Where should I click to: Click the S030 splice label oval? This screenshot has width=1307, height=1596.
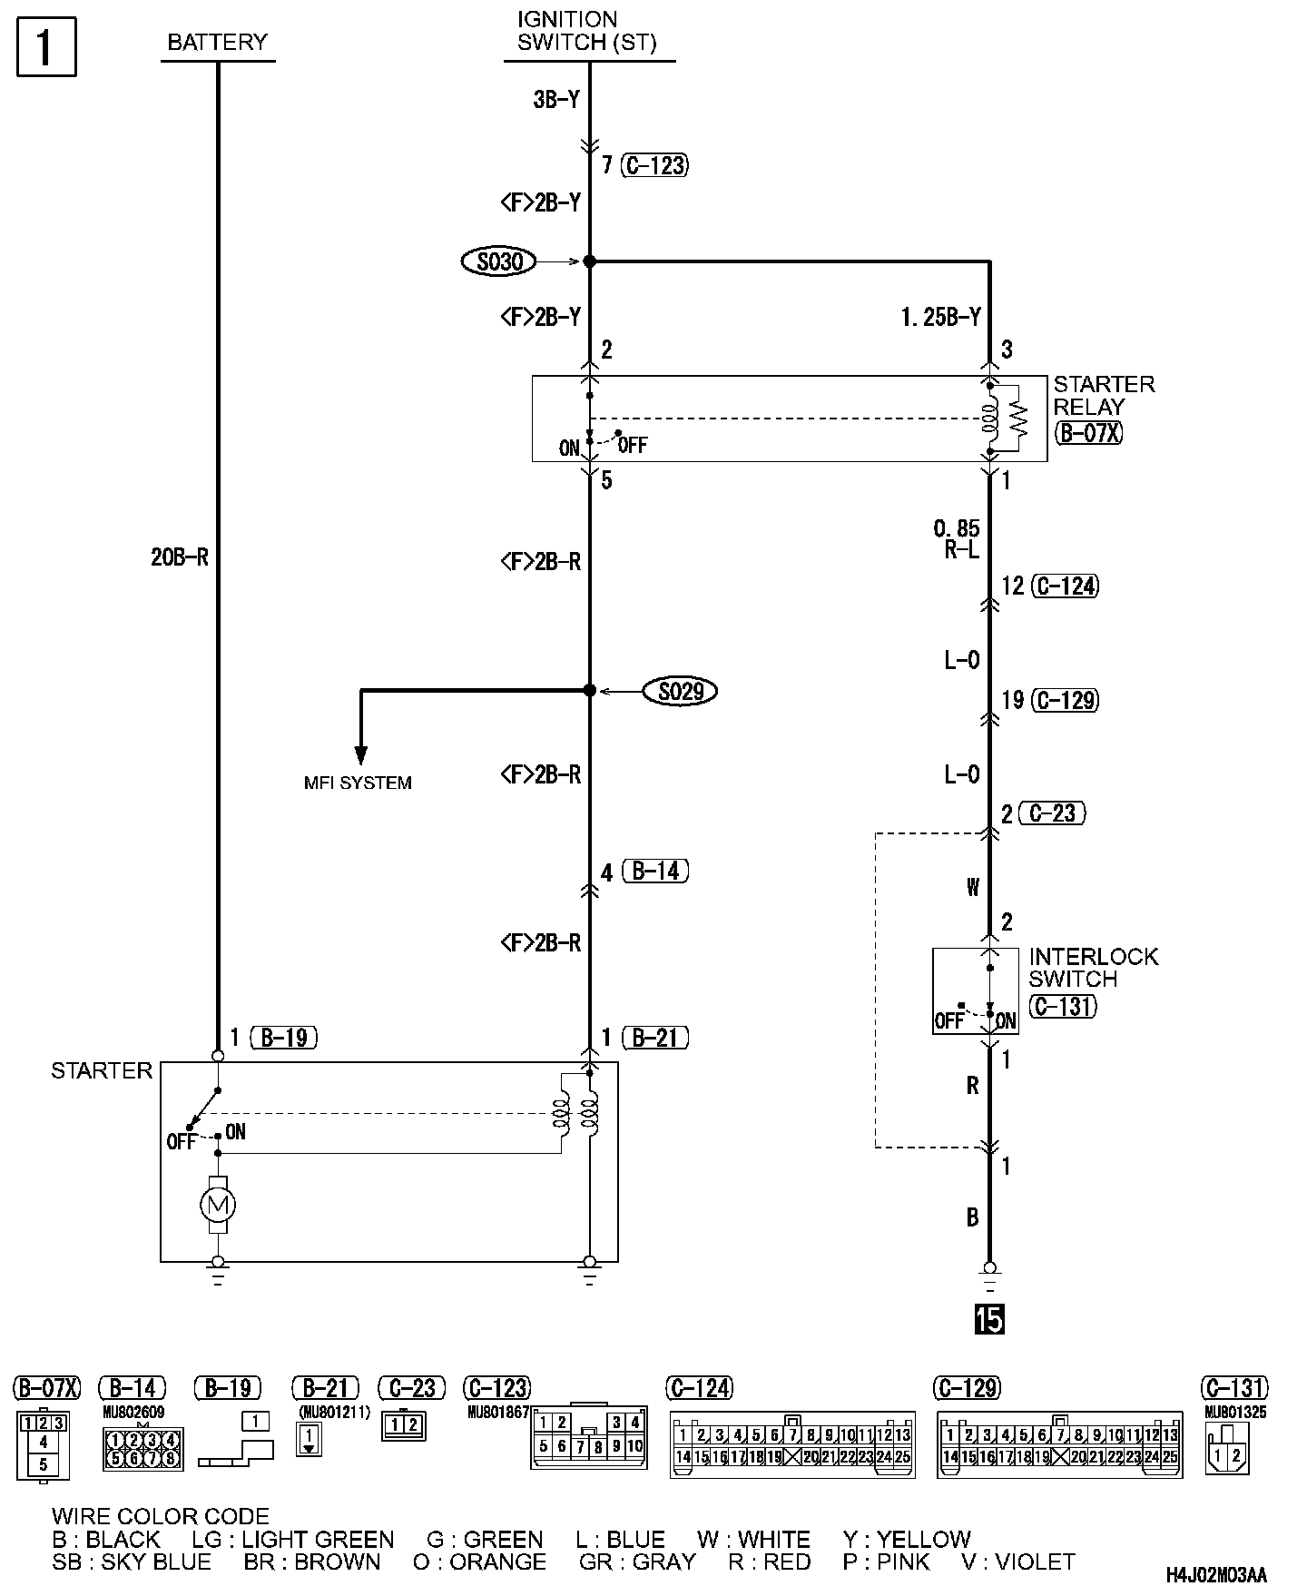pyautogui.click(x=498, y=261)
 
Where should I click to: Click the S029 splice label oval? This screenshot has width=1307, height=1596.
pyautogui.click(x=681, y=692)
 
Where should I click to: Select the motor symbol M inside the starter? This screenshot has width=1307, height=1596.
pyautogui.click(x=217, y=1205)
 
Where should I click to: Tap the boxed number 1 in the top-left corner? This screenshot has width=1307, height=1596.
pyautogui.click(x=46, y=48)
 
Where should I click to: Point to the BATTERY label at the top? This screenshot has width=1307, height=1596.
pyautogui.click(x=218, y=42)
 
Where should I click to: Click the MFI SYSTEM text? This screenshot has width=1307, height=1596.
pyautogui.click(x=358, y=783)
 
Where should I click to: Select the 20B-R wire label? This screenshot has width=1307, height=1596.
pyautogui.click(x=180, y=557)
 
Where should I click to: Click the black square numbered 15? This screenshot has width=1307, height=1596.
pyautogui.click(x=989, y=1319)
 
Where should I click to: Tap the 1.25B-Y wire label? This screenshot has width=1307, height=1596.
pyautogui.click(x=941, y=317)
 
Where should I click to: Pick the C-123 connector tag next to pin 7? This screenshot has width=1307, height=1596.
pyautogui.click(x=654, y=165)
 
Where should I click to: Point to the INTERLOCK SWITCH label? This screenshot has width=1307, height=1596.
pyautogui.click(x=1093, y=968)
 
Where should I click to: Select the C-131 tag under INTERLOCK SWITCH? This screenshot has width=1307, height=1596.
pyautogui.click(x=1063, y=1006)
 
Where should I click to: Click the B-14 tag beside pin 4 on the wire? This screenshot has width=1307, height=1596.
pyautogui.click(x=656, y=872)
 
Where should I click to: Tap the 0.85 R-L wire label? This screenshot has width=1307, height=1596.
pyautogui.click(x=957, y=539)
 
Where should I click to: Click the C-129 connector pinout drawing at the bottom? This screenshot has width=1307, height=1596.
pyautogui.click(x=1059, y=1444)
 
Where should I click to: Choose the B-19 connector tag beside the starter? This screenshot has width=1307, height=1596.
pyautogui.click(x=284, y=1038)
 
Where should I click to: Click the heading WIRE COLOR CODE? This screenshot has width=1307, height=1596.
pyautogui.click(x=161, y=1516)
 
